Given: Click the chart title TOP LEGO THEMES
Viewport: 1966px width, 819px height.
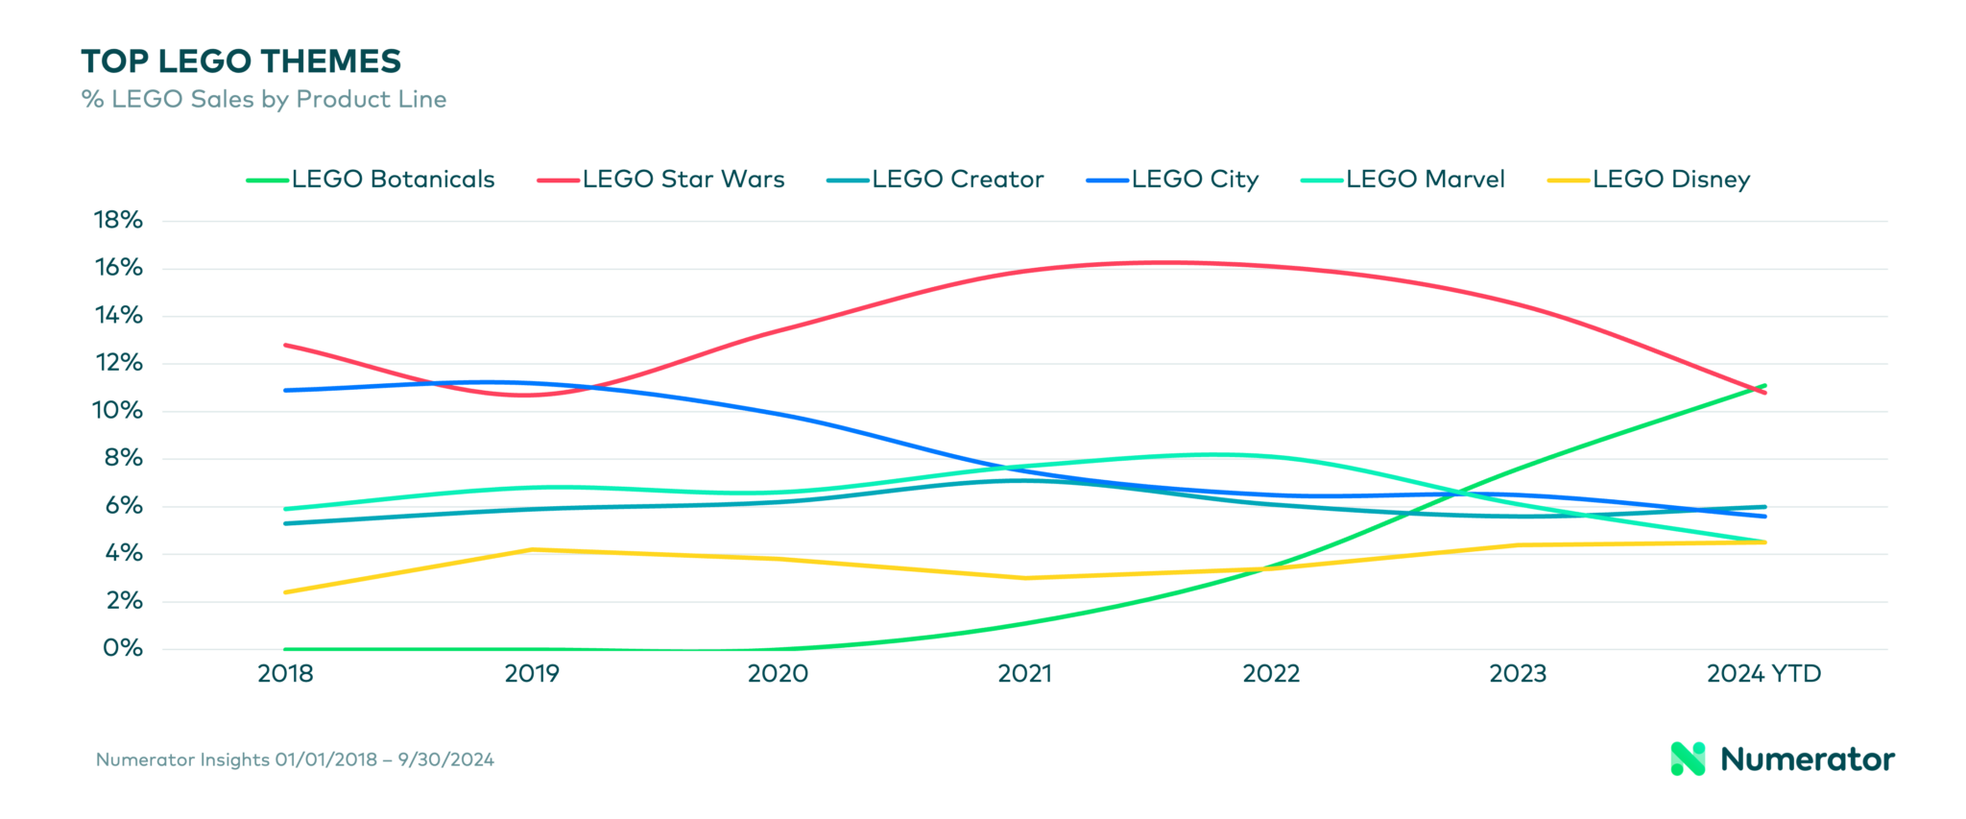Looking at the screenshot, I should pos(241,61).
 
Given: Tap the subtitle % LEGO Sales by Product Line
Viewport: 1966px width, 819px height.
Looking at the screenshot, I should pos(264,99).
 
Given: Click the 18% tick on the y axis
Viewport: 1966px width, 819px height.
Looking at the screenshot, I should pos(118,220).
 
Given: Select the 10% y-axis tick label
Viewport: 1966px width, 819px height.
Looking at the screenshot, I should pos(117,411).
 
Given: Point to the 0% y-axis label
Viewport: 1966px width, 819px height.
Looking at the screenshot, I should pos(122,648).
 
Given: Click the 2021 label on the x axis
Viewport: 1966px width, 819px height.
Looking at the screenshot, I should pos(1024,674).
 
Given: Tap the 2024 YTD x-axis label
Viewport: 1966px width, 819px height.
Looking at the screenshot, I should pos(1763,674).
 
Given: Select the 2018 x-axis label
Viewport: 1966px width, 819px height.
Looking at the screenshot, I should pos(285,674).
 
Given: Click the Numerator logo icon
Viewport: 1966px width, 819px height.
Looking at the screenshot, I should pos(1688,759).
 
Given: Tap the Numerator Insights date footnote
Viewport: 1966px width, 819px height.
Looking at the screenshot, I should pos(295,759).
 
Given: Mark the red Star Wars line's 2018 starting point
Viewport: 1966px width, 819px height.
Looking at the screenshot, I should pos(286,345).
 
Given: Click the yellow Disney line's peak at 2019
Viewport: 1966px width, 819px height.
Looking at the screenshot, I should pos(533,549).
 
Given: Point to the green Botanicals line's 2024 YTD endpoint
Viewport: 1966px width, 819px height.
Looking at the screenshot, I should pos(1764,386).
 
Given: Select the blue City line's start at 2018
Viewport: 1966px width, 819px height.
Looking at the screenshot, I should pos(286,390).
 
